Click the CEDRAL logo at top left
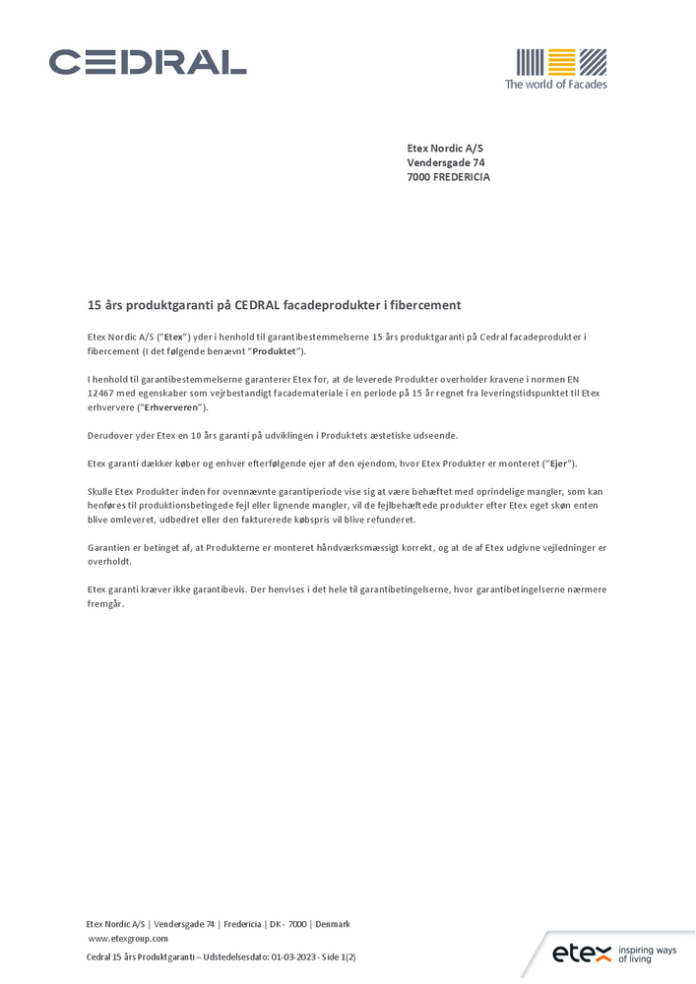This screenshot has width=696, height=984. (x=148, y=62)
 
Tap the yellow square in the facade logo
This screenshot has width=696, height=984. (x=560, y=62)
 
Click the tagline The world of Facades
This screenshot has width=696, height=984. (x=555, y=85)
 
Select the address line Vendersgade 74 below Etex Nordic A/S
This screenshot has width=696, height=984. (x=446, y=162)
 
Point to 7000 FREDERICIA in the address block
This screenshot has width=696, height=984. (x=448, y=177)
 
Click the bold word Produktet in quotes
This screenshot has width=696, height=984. (x=276, y=351)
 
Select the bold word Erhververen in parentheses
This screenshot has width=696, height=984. (x=172, y=407)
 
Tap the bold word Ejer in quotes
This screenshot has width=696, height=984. (x=559, y=463)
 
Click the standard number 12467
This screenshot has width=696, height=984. (x=103, y=394)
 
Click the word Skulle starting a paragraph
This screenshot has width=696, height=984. (x=102, y=491)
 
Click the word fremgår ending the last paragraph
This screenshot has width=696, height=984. (x=106, y=604)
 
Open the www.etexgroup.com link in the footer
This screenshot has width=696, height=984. (x=128, y=939)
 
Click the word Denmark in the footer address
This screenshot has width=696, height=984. (x=333, y=924)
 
